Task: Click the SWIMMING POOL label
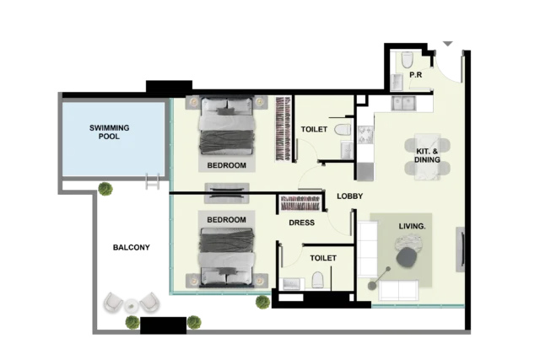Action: (109, 132)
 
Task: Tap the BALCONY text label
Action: (132, 248)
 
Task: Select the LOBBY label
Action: (349, 196)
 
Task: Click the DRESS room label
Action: (302, 223)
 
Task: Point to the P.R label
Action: (416, 75)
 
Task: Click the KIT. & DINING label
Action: (427, 156)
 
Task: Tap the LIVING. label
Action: (413, 227)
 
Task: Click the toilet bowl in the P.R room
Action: (407, 60)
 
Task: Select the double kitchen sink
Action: (403, 103)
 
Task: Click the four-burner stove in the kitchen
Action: (365, 135)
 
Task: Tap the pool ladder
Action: (152, 181)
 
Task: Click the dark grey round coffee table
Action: (407, 257)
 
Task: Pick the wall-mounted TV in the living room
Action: (461, 250)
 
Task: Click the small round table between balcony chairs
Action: (132, 305)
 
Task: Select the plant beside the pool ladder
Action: (105, 189)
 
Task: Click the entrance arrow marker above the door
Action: (447, 44)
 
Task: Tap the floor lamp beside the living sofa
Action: (379, 277)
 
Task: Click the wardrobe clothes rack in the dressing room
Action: (300, 203)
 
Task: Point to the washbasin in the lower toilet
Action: (292, 284)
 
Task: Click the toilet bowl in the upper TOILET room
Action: (343, 130)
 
